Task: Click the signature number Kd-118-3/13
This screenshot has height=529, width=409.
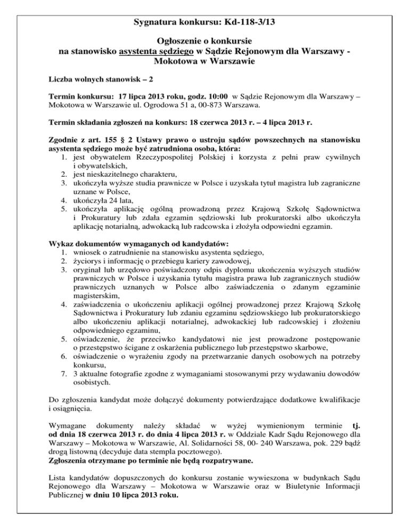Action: click(250, 22)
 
